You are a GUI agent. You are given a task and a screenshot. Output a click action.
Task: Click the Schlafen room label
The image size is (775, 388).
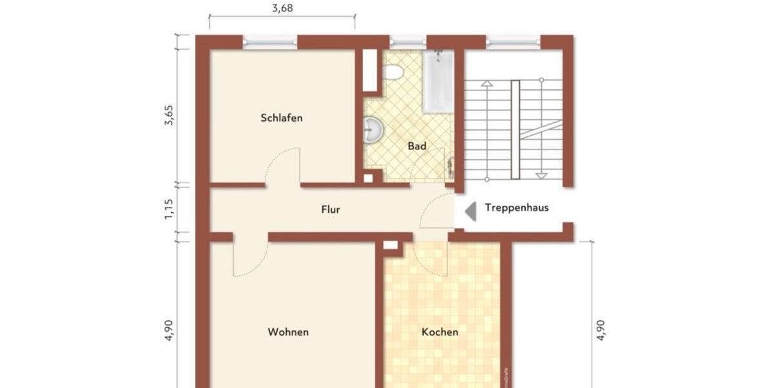(x=282, y=118)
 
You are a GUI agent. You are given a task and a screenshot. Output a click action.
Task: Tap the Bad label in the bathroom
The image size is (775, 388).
(x=417, y=147)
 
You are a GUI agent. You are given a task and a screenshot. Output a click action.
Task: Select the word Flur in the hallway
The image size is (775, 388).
(x=330, y=210)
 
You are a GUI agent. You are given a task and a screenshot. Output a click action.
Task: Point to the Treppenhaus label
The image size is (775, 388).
(x=517, y=208)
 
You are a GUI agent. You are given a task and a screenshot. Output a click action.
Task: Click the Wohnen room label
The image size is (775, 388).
(x=288, y=332)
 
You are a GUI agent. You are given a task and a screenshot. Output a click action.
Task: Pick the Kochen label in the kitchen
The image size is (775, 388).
(x=440, y=332)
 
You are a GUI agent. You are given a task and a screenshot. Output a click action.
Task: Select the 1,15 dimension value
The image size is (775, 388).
(x=169, y=210)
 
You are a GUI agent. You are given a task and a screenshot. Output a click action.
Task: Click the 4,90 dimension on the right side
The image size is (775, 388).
(x=601, y=330)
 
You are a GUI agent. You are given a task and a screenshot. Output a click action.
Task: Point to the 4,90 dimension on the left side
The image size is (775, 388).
(x=169, y=330)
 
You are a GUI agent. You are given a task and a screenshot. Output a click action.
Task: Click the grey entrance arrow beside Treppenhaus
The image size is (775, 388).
(x=471, y=209)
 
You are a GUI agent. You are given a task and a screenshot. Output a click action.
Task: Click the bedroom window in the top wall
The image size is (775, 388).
(x=270, y=42)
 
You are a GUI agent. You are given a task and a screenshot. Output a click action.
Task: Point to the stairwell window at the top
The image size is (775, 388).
(x=513, y=42)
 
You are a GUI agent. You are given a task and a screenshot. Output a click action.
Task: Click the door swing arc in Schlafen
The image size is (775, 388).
(x=283, y=167)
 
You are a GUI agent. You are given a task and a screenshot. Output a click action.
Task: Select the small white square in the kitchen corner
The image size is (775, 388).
(x=391, y=244)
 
